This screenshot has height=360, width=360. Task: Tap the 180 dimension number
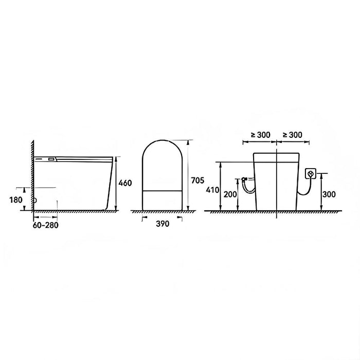(x=16, y=199)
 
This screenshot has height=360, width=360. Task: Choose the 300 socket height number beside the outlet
(x=329, y=194)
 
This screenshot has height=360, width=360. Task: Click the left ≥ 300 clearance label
(x=260, y=135)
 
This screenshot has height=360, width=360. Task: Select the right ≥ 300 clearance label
(x=292, y=135)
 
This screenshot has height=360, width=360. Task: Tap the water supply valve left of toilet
(x=245, y=179)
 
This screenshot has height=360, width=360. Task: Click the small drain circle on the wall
(x=35, y=201)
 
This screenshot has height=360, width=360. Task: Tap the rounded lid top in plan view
(x=161, y=144)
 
